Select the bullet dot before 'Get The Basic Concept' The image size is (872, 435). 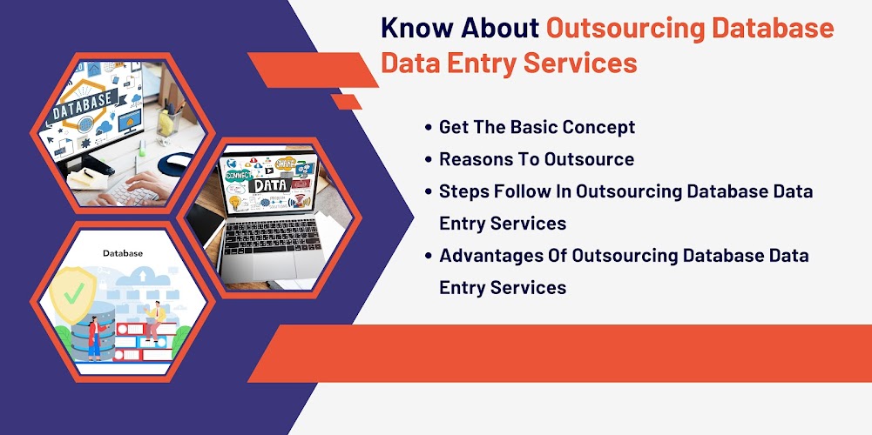(428, 127)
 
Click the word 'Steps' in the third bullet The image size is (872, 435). (462, 191)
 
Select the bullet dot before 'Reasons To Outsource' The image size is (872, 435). (428, 160)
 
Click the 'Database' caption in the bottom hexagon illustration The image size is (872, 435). (123, 253)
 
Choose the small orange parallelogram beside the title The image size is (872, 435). (346, 102)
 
